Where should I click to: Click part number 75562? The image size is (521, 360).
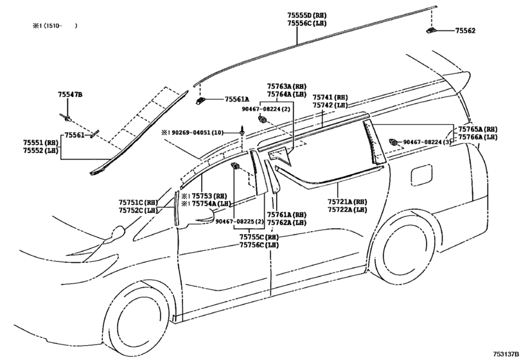point(465,31)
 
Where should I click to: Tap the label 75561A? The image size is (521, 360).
point(237,99)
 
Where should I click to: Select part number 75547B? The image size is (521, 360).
point(70,94)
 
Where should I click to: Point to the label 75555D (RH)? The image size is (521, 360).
point(306,15)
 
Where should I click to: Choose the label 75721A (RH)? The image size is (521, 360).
point(347,202)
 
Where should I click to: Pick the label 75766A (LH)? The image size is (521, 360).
point(478,137)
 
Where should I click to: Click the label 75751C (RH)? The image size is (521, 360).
point(138,202)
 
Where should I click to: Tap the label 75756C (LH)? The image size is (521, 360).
point(259,245)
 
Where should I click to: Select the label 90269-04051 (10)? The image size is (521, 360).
point(197,132)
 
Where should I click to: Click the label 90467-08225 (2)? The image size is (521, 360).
point(239,221)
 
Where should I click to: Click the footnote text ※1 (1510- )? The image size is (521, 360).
point(55,26)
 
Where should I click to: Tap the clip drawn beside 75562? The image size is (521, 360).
point(431,31)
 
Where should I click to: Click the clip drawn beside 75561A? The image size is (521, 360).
point(200,100)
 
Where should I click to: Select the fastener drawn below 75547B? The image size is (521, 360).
point(66,118)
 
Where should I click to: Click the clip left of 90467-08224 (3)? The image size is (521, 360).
point(393,142)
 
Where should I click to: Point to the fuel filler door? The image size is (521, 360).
point(421,175)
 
